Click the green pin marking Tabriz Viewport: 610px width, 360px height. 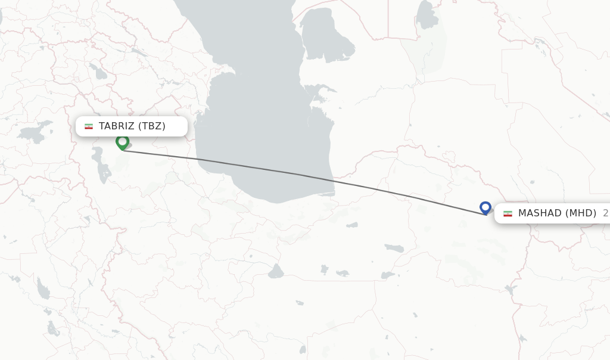pyautogui.click(x=122, y=142)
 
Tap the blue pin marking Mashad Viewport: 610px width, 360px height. pyautogui.click(x=485, y=207)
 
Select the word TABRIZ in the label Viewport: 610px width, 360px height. pyautogui.click(x=117, y=126)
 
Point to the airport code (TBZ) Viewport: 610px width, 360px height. pyautogui.click(x=152, y=126)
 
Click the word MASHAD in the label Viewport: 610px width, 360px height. pyautogui.click(x=540, y=213)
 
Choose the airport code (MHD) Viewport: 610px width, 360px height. pyautogui.click(x=581, y=213)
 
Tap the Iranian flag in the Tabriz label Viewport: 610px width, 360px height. pyautogui.click(x=89, y=126)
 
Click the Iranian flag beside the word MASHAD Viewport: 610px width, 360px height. pyautogui.click(x=508, y=213)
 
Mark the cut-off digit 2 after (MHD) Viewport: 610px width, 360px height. pyautogui.click(x=605, y=213)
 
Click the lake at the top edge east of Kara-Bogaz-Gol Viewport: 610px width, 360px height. pyautogui.click(x=426, y=15)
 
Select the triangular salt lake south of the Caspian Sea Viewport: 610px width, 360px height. pyautogui.click(x=275, y=272)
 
